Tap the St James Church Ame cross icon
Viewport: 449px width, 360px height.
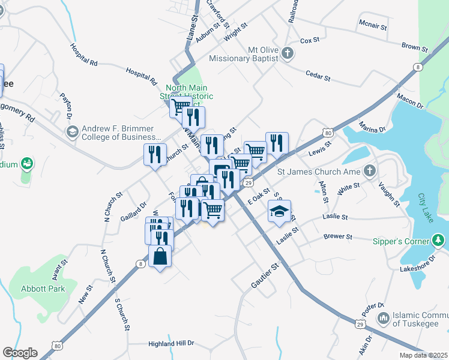(x=370, y=172)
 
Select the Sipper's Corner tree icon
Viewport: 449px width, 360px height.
(x=439, y=241)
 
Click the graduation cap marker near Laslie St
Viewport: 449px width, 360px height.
(x=279, y=211)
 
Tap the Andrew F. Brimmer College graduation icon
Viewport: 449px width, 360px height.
(x=72, y=132)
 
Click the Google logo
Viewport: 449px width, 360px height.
(x=20, y=352)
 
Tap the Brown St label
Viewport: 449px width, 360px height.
(x=414, y=46)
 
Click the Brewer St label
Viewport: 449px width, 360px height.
(x=337, y=237)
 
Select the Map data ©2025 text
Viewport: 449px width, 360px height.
(x=423, y=355)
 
